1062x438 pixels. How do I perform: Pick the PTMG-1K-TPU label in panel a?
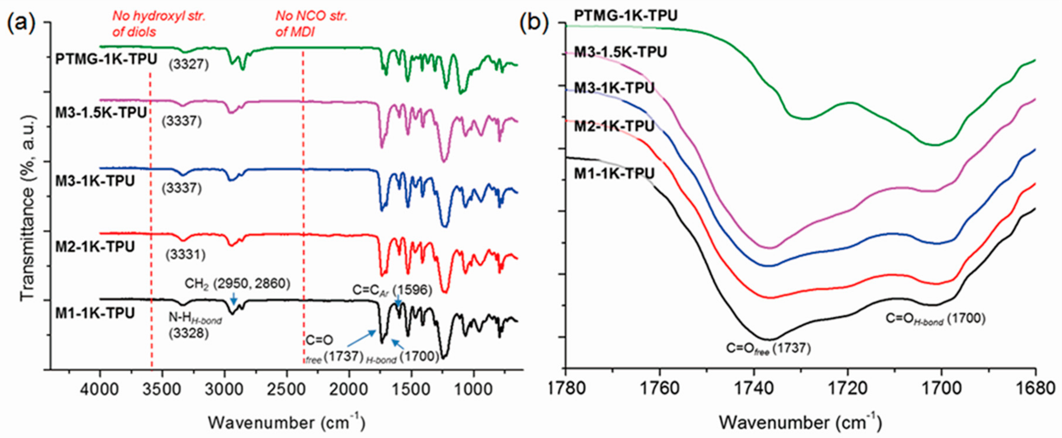coord(106,59)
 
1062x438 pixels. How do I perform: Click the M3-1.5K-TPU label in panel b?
coord(621,52)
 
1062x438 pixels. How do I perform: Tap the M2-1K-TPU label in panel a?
coord(95,247)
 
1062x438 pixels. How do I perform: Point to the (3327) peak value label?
coord(189,64)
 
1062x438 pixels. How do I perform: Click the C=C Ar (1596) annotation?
coord(392,290)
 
